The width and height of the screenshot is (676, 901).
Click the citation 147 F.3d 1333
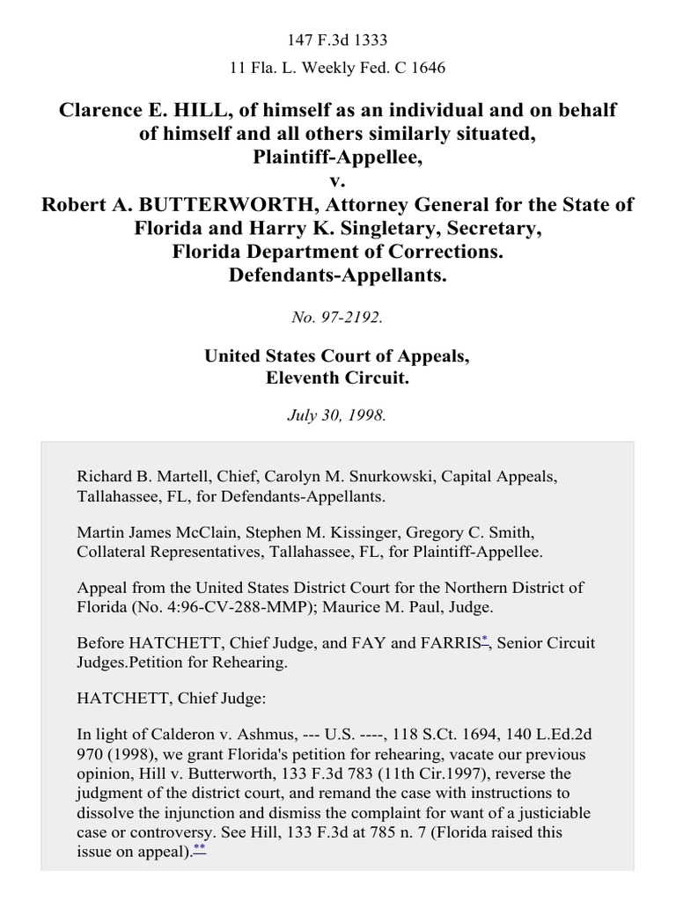point(338,40)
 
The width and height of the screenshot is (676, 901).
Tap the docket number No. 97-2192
point(338,318)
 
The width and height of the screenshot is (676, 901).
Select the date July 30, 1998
point(338,415)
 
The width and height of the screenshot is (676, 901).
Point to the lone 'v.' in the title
point(338,181)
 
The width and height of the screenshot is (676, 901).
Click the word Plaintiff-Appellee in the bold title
point(338,158)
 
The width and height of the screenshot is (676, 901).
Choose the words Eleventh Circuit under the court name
point(338,378)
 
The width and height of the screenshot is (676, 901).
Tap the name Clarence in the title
point(107,110)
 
